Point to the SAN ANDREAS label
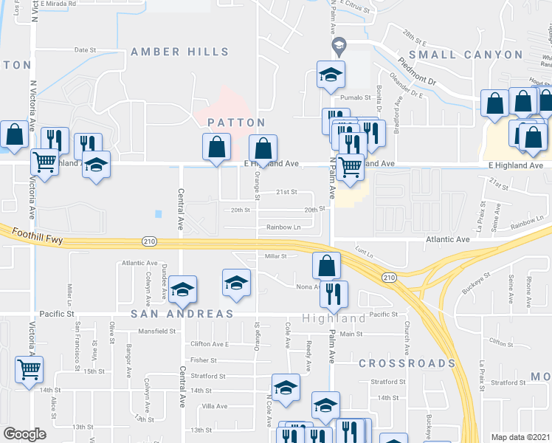184,314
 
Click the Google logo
24,434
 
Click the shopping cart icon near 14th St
29,368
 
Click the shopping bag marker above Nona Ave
325,265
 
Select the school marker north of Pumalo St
331,73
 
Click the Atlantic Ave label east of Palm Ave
447,239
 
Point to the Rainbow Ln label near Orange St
284,227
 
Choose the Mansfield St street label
159,332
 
